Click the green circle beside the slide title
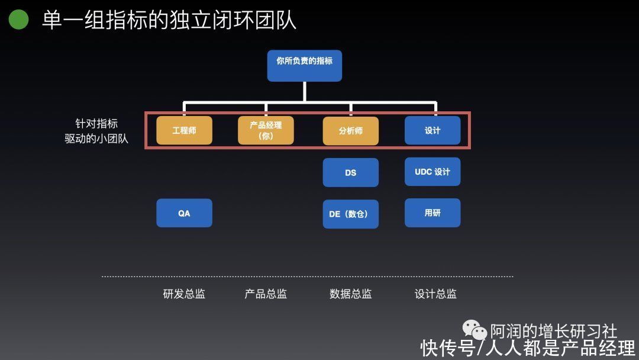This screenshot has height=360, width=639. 19,19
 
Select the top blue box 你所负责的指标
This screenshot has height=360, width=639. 305,66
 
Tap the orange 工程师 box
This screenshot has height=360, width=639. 184,130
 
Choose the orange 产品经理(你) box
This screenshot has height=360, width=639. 266,130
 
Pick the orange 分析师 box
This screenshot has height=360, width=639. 350,131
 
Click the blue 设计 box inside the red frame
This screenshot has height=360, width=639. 433,130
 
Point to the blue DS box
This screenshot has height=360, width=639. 350,172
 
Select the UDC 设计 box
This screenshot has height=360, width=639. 433,172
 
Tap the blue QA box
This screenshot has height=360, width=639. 184,213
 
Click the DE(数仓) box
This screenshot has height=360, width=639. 350,214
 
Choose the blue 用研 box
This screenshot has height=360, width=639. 433,213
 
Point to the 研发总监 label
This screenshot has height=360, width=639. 184,294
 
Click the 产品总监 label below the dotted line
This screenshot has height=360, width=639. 266,294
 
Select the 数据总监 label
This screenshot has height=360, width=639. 350,294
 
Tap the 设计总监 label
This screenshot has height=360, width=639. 435,294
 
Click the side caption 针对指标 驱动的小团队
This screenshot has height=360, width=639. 96,131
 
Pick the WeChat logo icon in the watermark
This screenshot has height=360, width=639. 475,329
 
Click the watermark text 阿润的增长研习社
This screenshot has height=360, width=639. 553,331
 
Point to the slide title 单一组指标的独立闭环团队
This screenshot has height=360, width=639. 169,20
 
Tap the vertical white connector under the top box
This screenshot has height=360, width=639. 305,92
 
